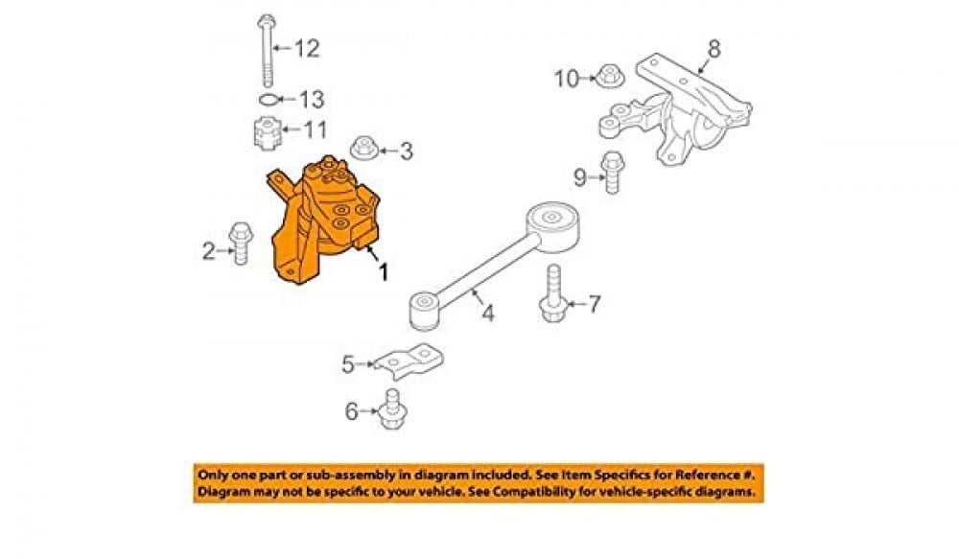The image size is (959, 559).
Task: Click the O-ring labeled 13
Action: [x=269, y=99]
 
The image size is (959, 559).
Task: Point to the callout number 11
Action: [x=316, y=129]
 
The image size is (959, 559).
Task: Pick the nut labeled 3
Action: [x=363, y=149]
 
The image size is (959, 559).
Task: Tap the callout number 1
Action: [x=384, y=272]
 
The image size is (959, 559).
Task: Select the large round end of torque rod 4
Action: [x=551, y=220]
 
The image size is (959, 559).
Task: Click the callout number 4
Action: [x=487, y=314]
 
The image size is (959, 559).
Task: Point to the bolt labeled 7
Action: [x=554, y=292]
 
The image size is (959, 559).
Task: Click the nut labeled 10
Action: [x=608, y=75]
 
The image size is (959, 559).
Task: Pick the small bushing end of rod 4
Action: [x=423, y=308]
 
